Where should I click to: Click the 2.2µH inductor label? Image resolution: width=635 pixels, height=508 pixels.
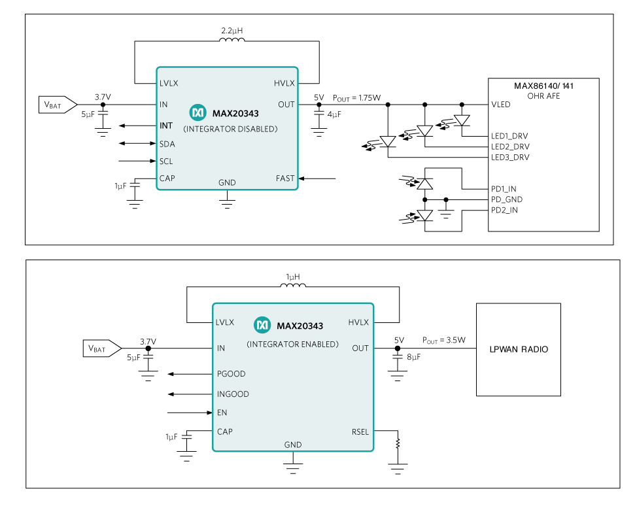pos(232,31)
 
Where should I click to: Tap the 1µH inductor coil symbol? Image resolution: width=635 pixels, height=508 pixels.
pos(293,285)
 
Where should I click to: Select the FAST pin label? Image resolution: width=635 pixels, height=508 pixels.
pos(285,178)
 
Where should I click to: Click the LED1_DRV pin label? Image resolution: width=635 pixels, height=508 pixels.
pos(509,136)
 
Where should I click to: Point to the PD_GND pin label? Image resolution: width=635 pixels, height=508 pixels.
pos(507,199)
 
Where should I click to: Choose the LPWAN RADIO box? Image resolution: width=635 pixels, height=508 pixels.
pos(519,349)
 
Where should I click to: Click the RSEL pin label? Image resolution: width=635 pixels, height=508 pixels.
pos(360,432)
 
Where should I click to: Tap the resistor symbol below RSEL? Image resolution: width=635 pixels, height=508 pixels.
pos(397,444)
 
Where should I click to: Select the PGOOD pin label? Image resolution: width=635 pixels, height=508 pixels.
pos(231,374)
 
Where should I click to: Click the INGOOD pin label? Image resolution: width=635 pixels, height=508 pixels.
pos(233,394)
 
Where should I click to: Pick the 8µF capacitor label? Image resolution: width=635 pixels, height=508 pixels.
pos(413,357)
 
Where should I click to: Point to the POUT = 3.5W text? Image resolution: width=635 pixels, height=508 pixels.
pos(444,340)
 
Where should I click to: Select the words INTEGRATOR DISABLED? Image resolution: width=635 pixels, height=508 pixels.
pos(230,129)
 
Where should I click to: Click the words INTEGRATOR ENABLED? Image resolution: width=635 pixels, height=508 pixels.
pos(292,344)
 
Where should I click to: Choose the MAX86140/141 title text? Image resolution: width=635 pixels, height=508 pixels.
pos(544,86)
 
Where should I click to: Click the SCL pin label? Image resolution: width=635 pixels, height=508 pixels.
pos(166,161)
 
